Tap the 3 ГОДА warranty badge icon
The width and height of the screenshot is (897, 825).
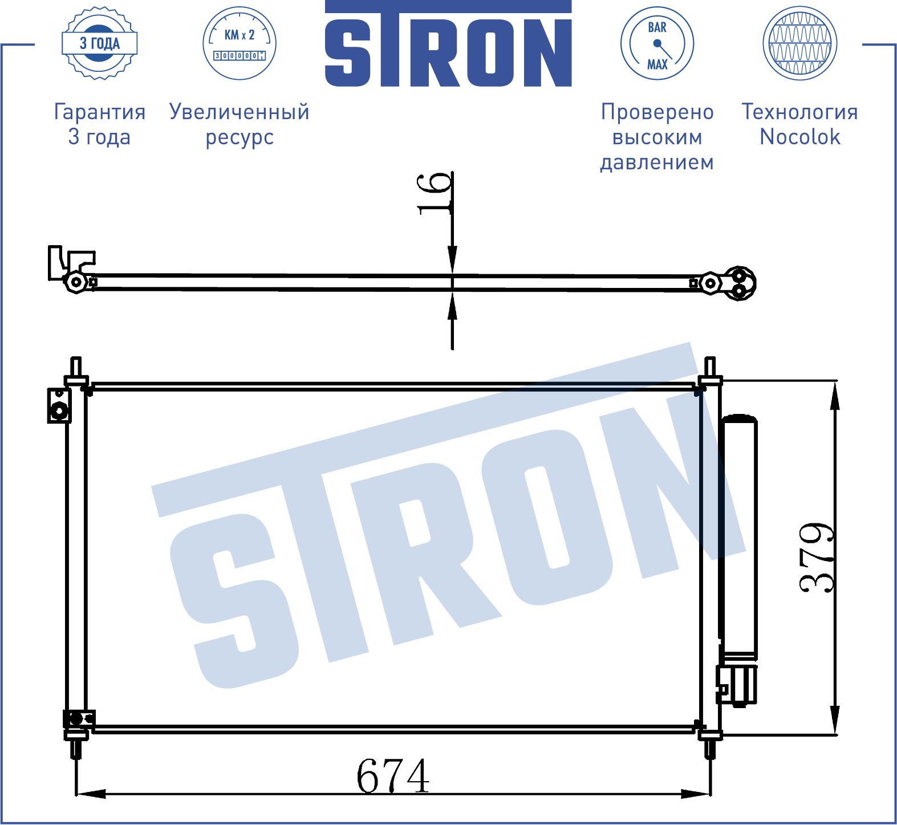click(x=100, y=43)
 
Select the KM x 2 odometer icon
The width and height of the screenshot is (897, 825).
click(x=240, y=43)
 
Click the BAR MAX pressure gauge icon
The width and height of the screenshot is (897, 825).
click(x=657, y=43)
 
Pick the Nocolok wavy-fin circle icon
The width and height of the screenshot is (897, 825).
click(x=800, y=43)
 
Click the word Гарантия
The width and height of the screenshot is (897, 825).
click(x=100, y=112)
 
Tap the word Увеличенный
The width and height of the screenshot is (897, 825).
click(x=240, y=112)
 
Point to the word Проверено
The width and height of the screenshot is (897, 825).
click(x=657, y=112)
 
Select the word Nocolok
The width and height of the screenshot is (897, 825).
click(x=800, y=137)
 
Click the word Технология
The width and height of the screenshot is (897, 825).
click(x=800, y=112)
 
